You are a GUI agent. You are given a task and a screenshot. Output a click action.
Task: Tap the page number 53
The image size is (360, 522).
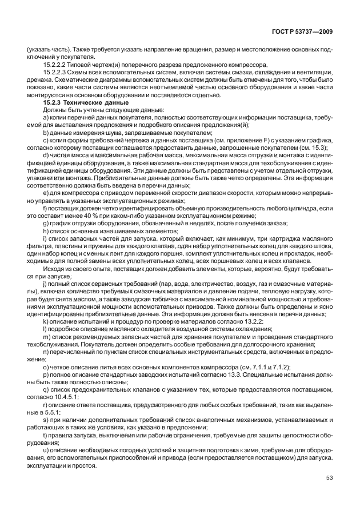point(329,479)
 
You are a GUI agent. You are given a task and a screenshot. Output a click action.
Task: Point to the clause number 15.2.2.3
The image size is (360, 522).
point(55,75)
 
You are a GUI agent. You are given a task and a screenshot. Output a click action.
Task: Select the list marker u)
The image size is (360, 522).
point(45,450)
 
